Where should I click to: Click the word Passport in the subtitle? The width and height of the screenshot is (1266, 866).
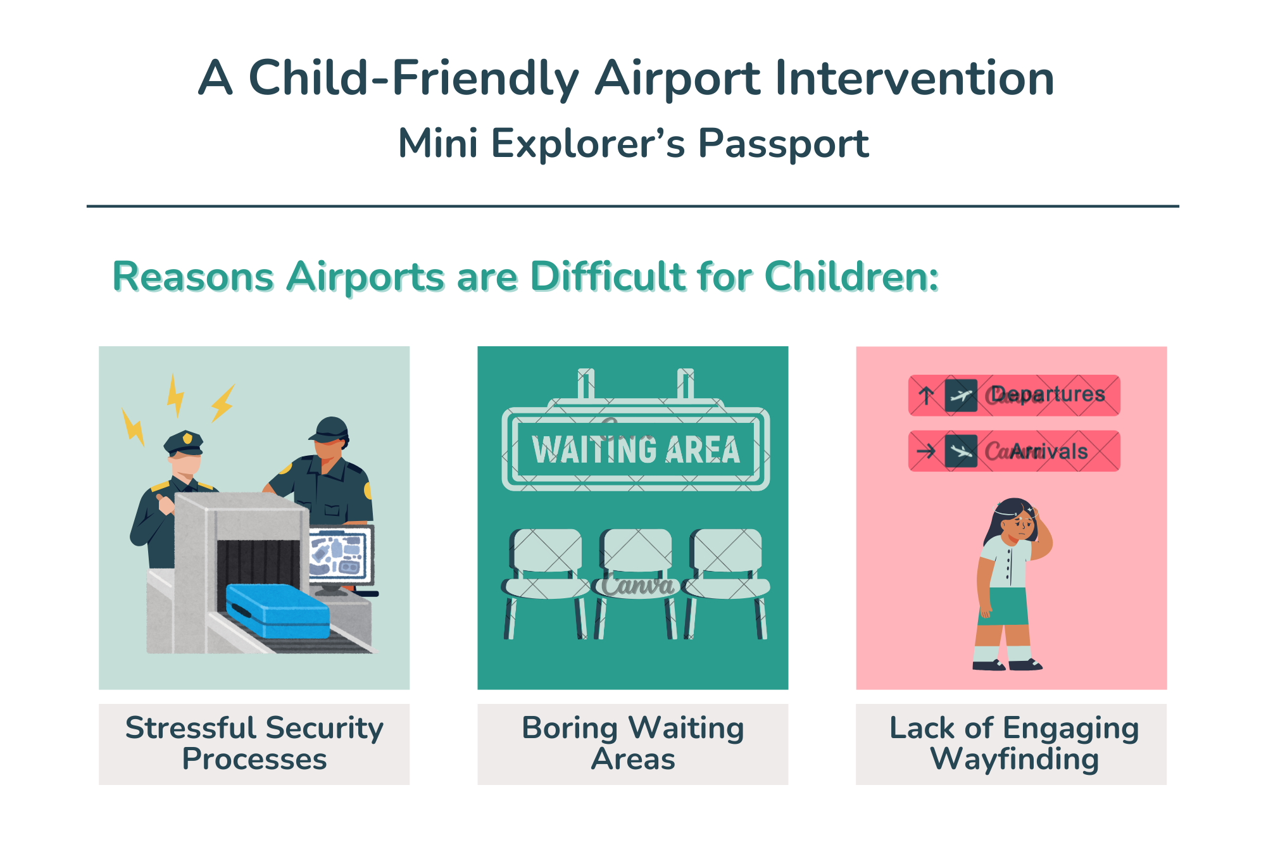[783, 144]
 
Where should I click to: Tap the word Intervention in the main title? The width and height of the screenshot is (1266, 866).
[915, 78]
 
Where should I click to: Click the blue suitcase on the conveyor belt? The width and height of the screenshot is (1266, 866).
[278, 610]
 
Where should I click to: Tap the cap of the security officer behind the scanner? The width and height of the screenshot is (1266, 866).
[329, 430]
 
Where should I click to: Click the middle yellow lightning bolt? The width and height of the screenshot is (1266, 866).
[175, 395]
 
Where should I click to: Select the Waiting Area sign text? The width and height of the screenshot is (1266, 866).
[636, 450]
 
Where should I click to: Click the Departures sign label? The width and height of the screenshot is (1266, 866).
[1048, 394]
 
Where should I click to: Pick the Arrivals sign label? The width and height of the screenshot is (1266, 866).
[1049, 451]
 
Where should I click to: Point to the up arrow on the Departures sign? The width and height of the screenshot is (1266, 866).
[926, 396]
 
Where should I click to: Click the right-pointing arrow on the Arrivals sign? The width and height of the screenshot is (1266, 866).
[926, 451]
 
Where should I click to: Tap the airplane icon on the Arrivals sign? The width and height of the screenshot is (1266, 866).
[961, 451]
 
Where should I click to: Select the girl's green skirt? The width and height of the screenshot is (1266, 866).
[1003, 606]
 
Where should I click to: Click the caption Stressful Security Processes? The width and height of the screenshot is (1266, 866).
[254, 743]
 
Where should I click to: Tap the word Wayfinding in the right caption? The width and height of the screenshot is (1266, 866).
[1014, 759]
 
